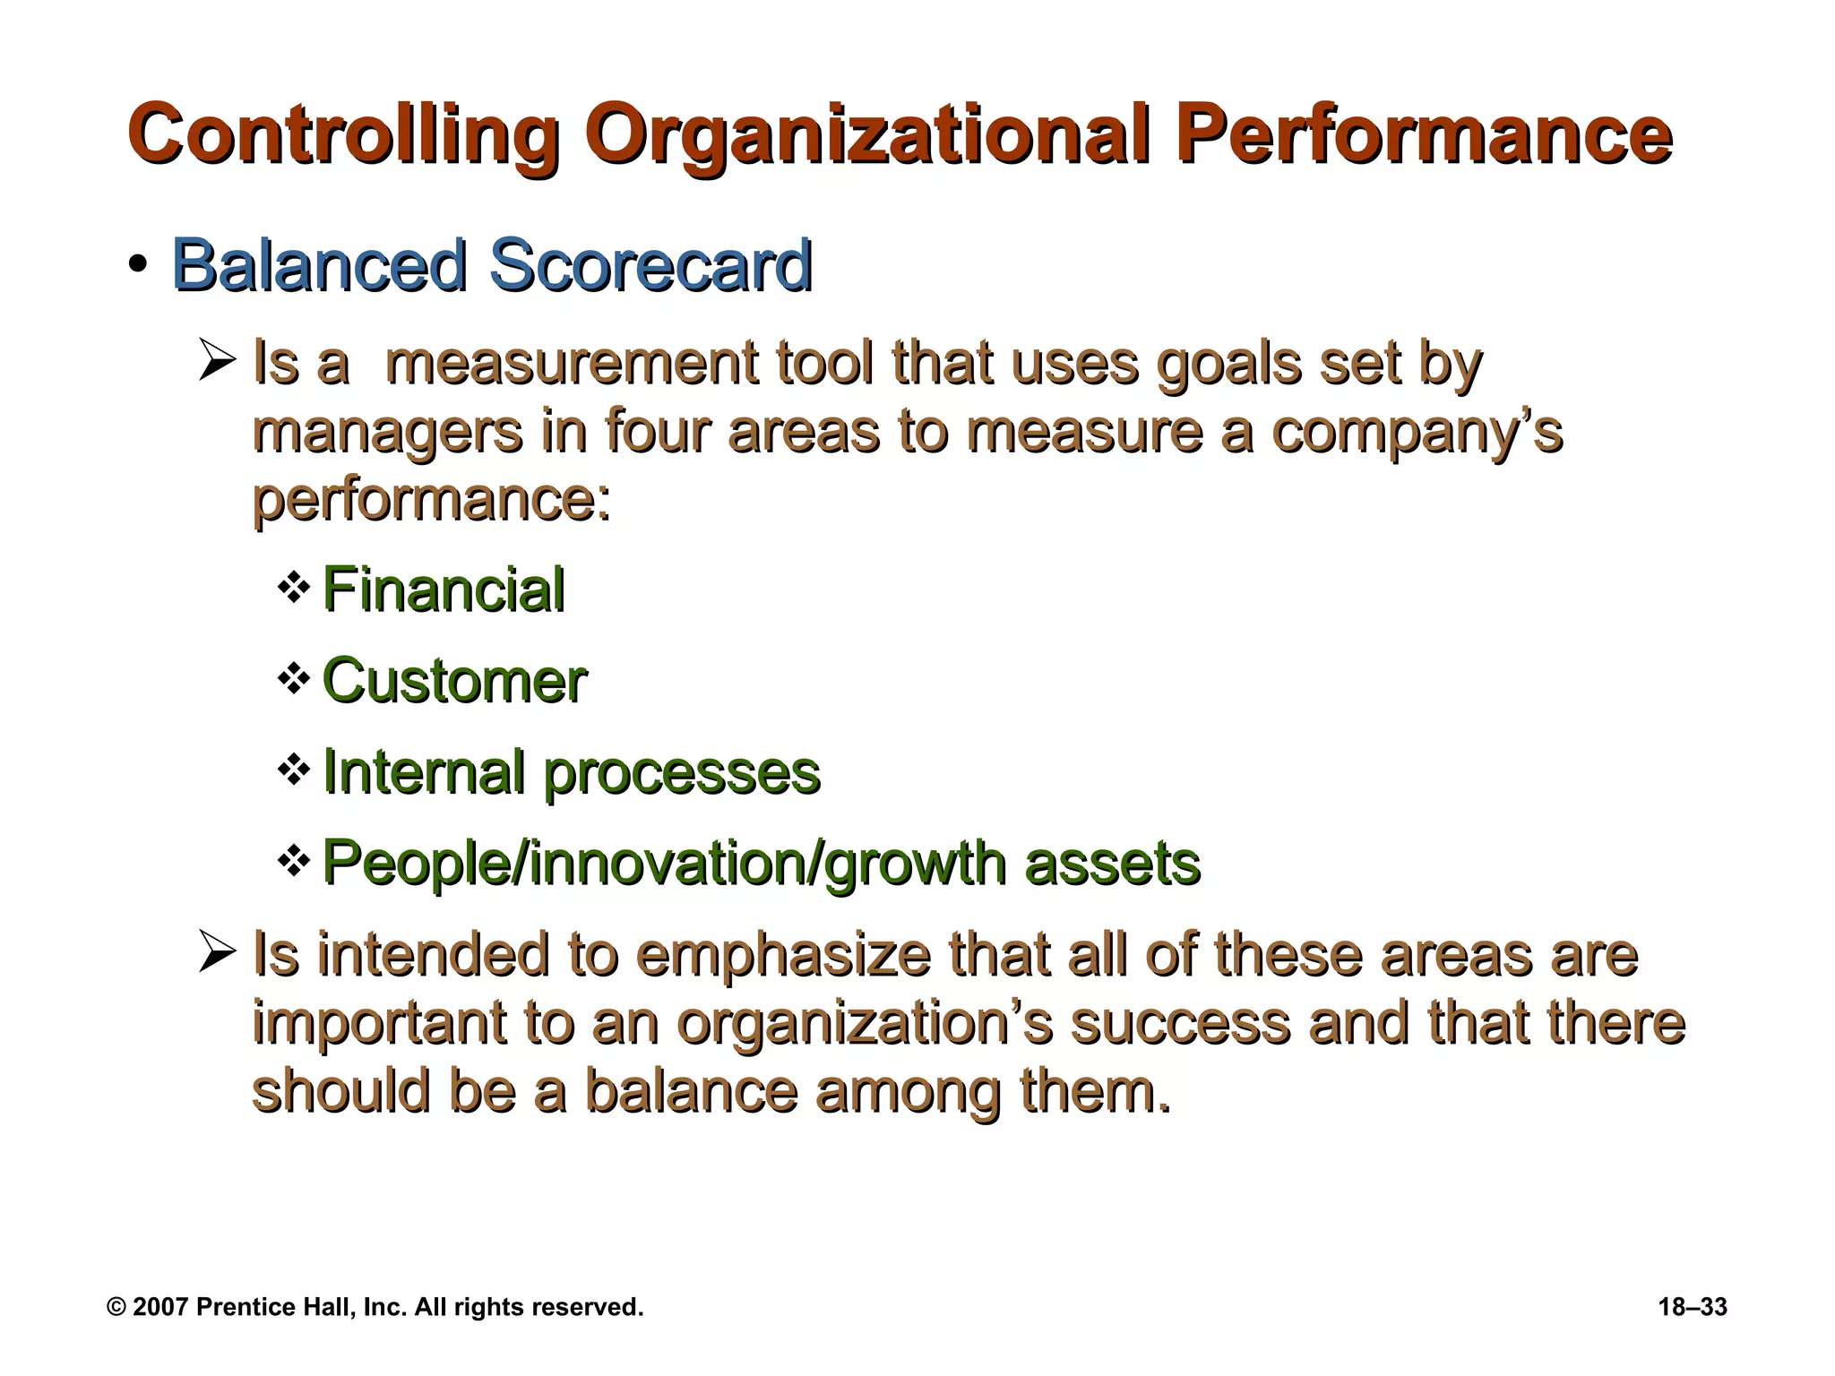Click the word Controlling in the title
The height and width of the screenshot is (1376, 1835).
coord(344,136)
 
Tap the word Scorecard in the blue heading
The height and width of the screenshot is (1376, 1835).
coord(650,266)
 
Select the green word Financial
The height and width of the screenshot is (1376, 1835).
coord(443,590)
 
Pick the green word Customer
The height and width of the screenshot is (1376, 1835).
coord(453,681)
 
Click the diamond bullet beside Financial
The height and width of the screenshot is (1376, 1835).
coord(294,589)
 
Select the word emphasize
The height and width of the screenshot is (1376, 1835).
coord(784,955)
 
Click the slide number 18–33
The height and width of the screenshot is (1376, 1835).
coord(1692,1307)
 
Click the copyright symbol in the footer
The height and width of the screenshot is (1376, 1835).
coord(116,1307)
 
